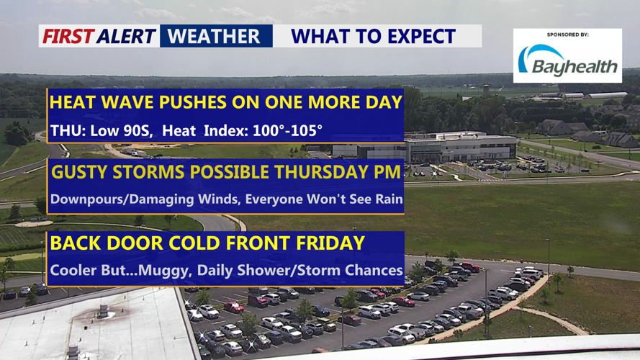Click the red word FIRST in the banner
pos(68,36)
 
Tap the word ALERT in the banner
pos(127,36)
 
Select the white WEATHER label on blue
pos(214,36)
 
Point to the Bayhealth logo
pos(567,61)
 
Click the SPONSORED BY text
pos(568,35)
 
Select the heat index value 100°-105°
pos(287,130)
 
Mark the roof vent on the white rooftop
pos(103,310)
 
